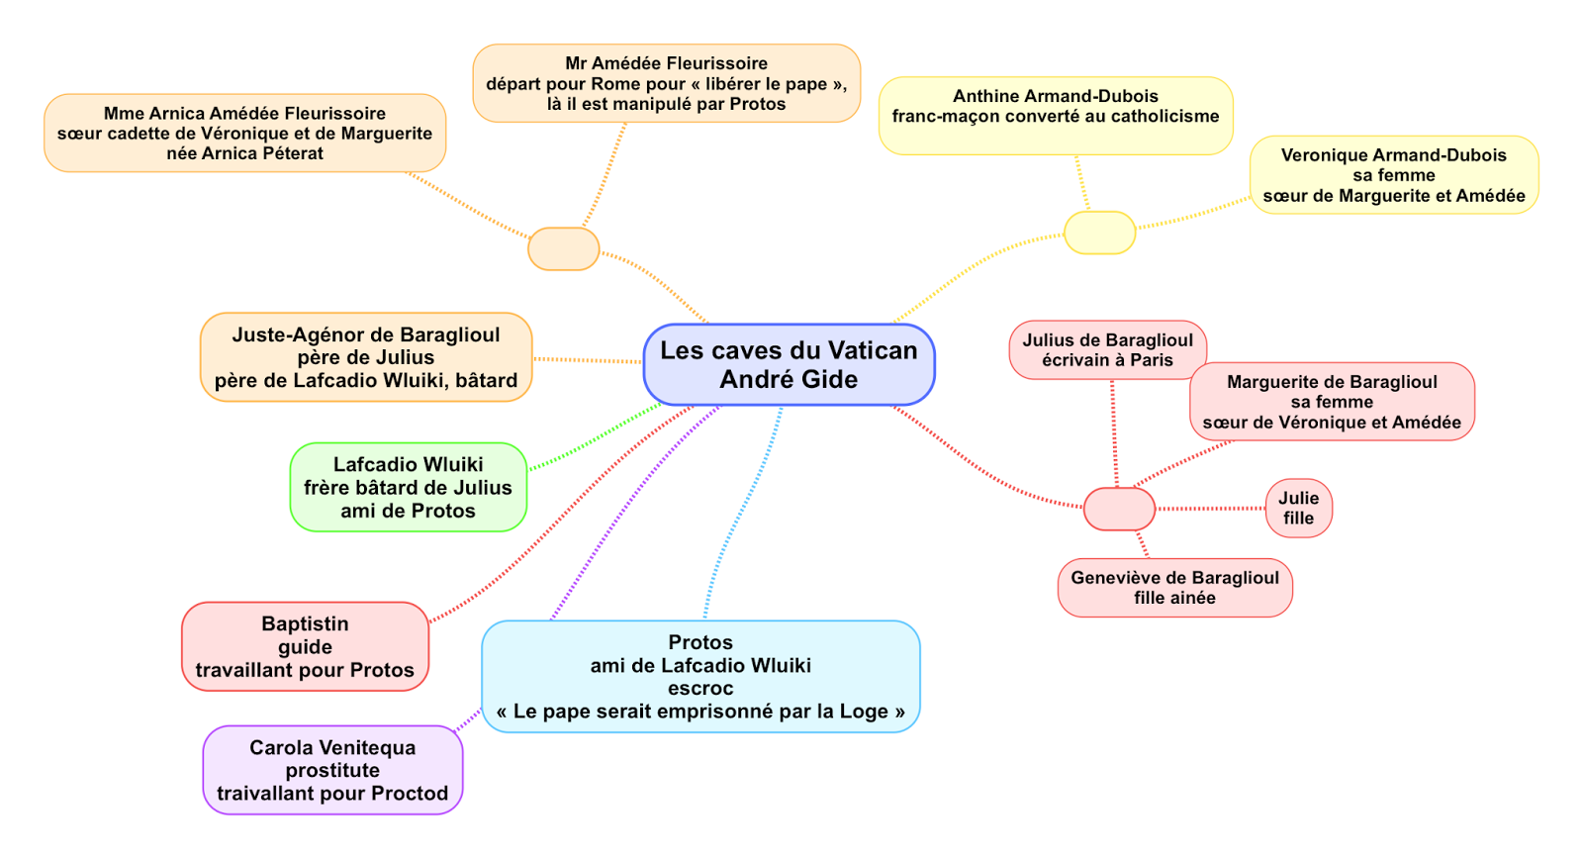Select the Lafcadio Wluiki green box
tap(408, 487)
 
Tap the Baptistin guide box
tap(305, 646)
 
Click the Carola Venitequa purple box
tap(332, 770)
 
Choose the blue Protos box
tap(700, 677)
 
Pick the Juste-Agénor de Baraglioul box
tap(366, 357)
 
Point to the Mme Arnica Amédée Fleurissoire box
tap(244, 133)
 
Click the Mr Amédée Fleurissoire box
tap(666, 83)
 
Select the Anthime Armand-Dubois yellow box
tap(1056, 116)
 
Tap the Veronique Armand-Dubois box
tap(1393, 175)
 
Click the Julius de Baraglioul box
tap(1107, 349)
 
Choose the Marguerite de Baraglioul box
tap(1332, 402)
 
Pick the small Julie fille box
tap(1298, 508)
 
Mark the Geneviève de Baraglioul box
tap(1174, 588)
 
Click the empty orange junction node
tap(563, 248)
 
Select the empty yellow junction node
tap(1099, 233)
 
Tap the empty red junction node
tap(1119, 509)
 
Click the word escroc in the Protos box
tap(700, 689)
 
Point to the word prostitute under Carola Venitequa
tap(332, 771)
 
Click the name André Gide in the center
tap(789, 380)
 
